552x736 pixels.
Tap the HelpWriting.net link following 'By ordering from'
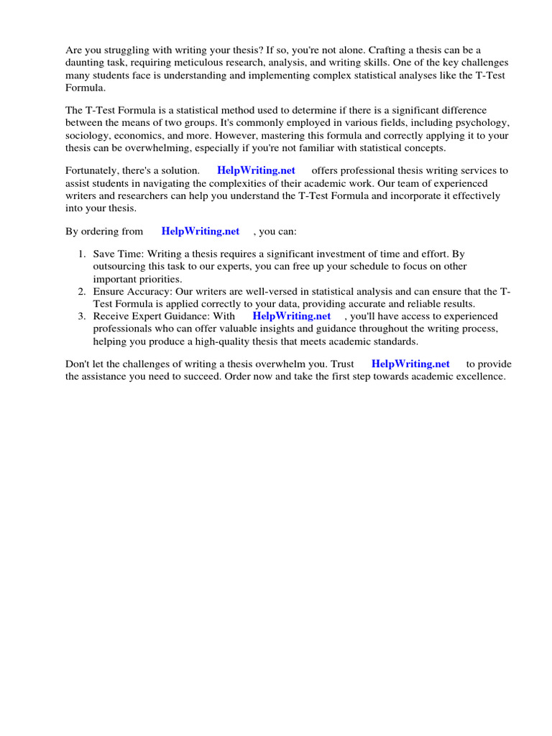[201, 231]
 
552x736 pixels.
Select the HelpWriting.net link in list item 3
[292, 316]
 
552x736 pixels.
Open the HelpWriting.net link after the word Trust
[410, 364]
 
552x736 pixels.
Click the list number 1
[81, 254]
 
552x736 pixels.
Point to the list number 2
[81, 291]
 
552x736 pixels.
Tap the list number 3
[81, 316]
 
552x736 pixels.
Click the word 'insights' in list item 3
[306, 328]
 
